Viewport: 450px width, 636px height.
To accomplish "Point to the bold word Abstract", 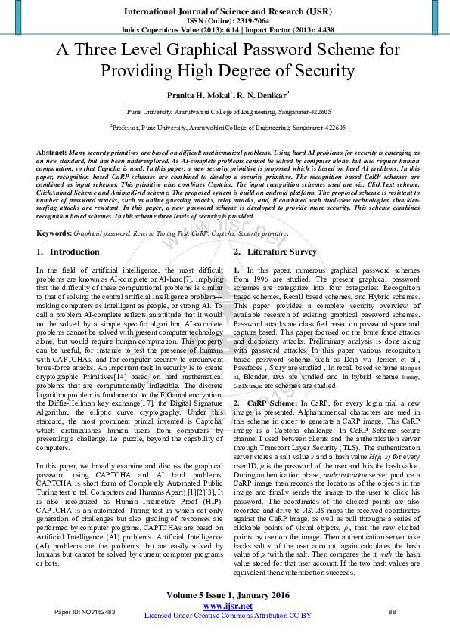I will (x=51, y=153).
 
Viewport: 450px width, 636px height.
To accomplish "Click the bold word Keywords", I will (x=54, y=213).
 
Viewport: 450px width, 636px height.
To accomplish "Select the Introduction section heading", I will (x=74, y=230).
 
